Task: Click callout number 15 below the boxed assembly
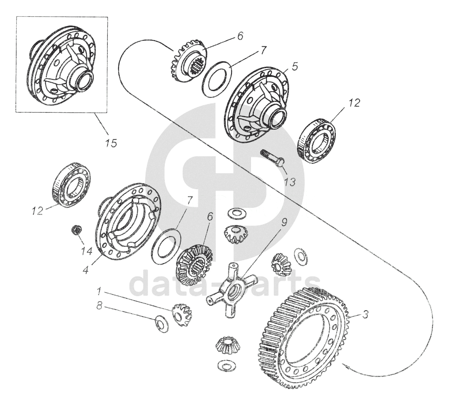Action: point(111,143)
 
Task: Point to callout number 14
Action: point(86,251)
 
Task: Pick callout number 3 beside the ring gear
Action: point(364,314)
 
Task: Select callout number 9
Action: point(284,222)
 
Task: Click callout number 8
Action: point(99,306)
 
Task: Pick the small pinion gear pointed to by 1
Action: point(182,314)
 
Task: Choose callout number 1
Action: point(99,292)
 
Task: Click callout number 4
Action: point(86,270)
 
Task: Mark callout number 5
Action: point(294,66)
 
